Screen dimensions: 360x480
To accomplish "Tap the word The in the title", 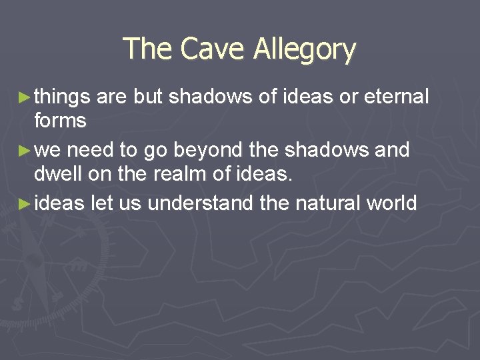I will click(147, 49).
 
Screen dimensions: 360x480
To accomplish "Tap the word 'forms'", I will click(61, 121).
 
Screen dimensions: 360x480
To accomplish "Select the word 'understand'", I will click(201, 203).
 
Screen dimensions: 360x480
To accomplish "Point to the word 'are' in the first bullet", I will click(111, 98).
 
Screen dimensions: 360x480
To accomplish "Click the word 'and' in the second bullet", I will click(391, 150).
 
